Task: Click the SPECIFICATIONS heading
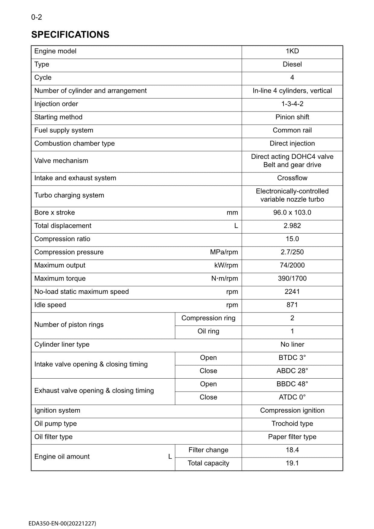coord(70,35)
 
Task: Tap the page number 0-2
coord(36,17)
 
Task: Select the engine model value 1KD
coord(292,51)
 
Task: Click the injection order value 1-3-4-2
coord(292,104)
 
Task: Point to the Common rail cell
coord(292,130)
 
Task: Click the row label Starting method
coord(58,117)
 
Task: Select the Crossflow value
coord(292,178)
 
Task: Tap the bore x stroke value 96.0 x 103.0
coord(292,213)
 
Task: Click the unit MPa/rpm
coord(224,252)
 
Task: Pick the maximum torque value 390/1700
coord(292,279)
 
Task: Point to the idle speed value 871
coord(292,305)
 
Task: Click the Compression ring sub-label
coord(208,318)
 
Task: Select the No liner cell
coord(292,345)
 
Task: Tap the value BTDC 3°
coord(292,358)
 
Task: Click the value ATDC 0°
coord(292,397)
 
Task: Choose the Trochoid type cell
coord(292,424)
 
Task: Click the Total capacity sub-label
coord(208,463)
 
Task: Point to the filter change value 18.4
coord(292,450)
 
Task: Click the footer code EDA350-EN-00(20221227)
coord(62,524)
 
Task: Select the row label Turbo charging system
coord(69,195)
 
